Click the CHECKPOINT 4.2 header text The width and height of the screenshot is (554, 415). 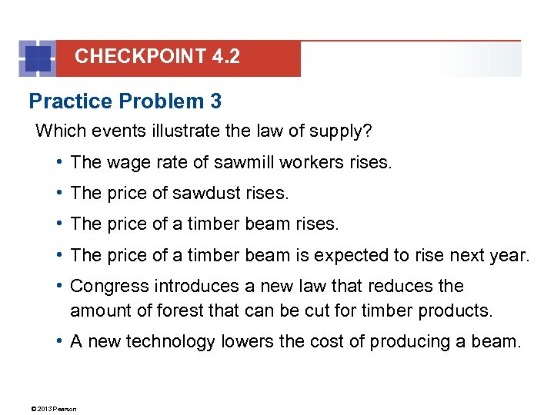click(x=157, y=57)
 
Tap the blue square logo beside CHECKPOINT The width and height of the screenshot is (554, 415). click(x=38, y=58)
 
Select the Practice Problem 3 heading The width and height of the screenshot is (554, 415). click(x=125, y=101)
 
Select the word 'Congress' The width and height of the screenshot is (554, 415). click(x=109, y=286)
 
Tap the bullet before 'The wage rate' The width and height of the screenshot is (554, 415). click(x=59, y=162)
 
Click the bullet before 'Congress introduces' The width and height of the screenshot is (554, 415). click(x=59, y=286)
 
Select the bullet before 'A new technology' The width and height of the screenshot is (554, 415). click(x=59, y=341)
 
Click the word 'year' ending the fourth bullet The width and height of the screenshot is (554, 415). click(x=509, y=254)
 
